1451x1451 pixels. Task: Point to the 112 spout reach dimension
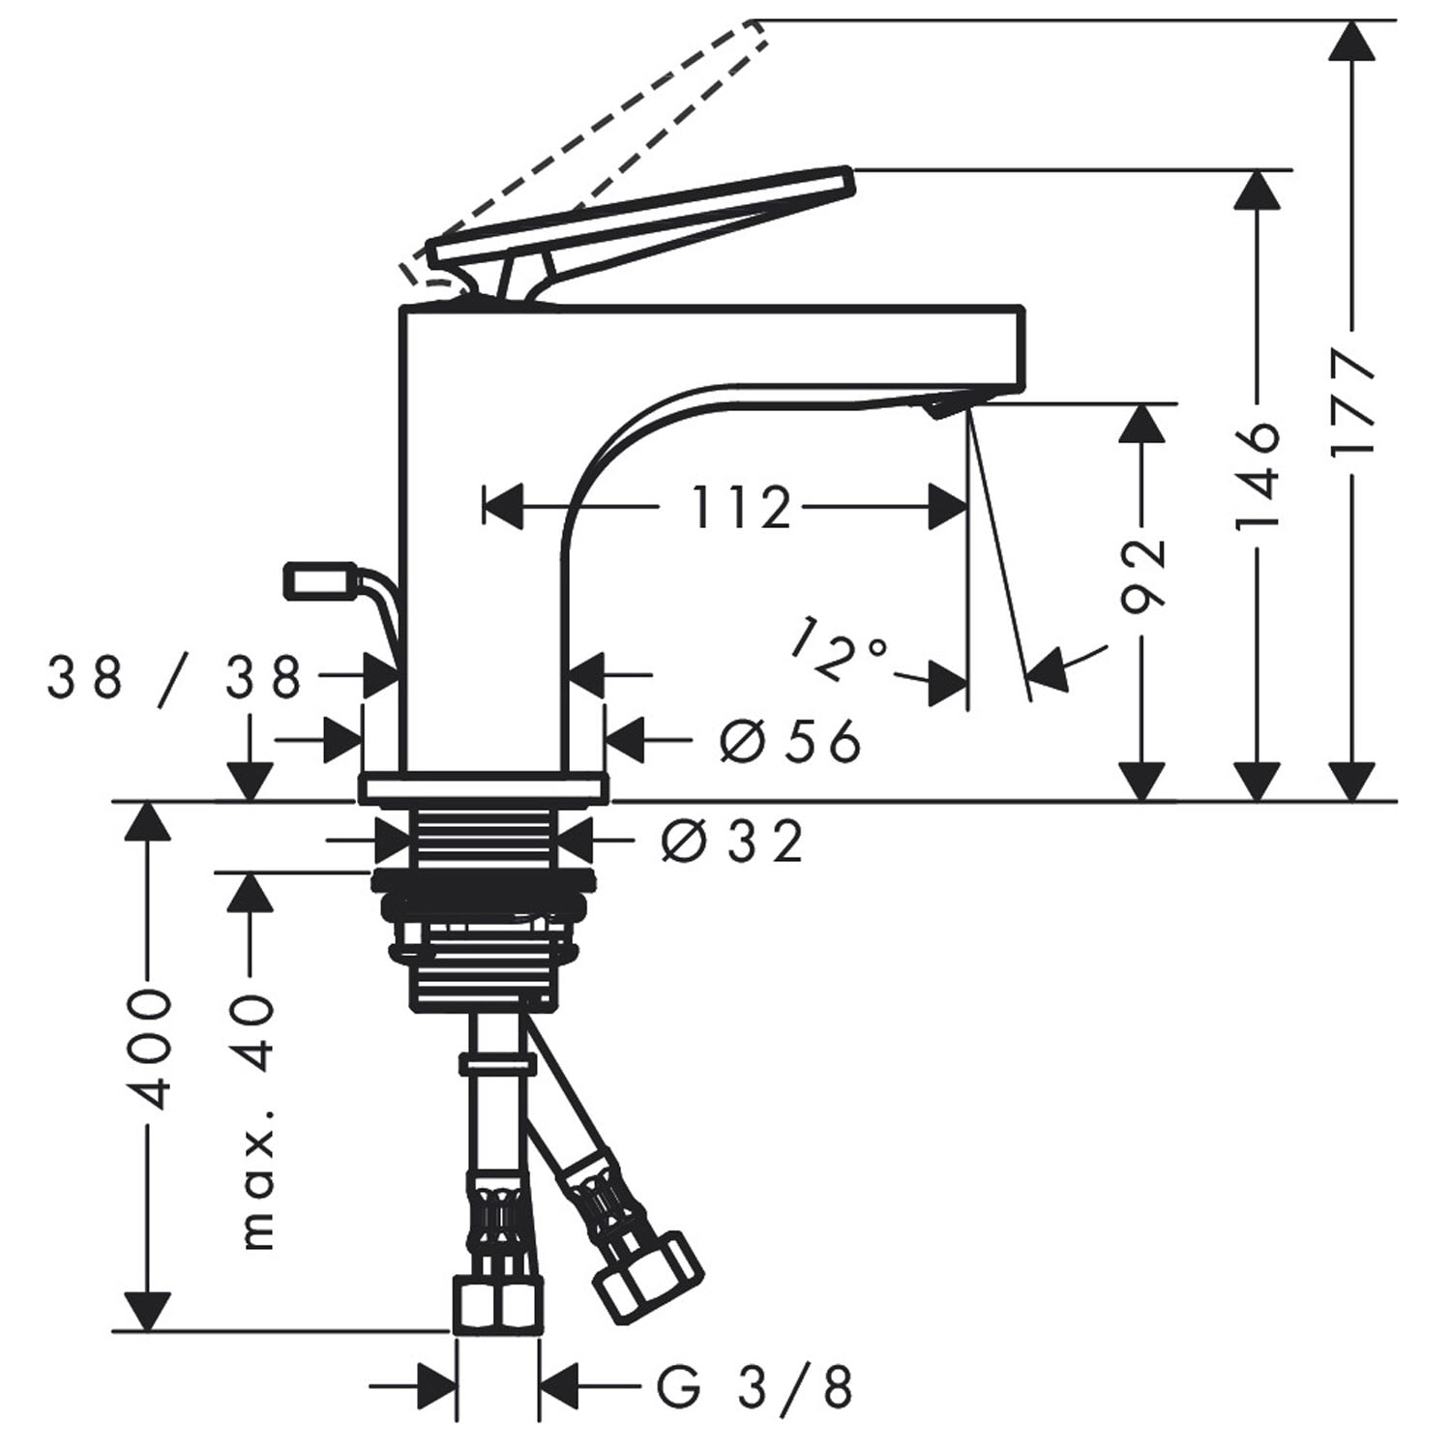tap(741, 507)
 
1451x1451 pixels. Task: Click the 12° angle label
tap(838, 646)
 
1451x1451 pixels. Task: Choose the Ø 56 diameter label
tap(790, 742)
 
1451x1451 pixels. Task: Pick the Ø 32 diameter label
tap(732, 841)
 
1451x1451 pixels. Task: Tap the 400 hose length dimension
tap(150, 1049)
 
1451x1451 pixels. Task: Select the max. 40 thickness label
tap(256, 1120)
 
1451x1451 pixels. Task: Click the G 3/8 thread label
tap(755, 1387)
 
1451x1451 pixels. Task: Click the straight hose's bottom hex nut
tap(496, 1306)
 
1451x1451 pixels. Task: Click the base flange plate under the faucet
tap(484, 788)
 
